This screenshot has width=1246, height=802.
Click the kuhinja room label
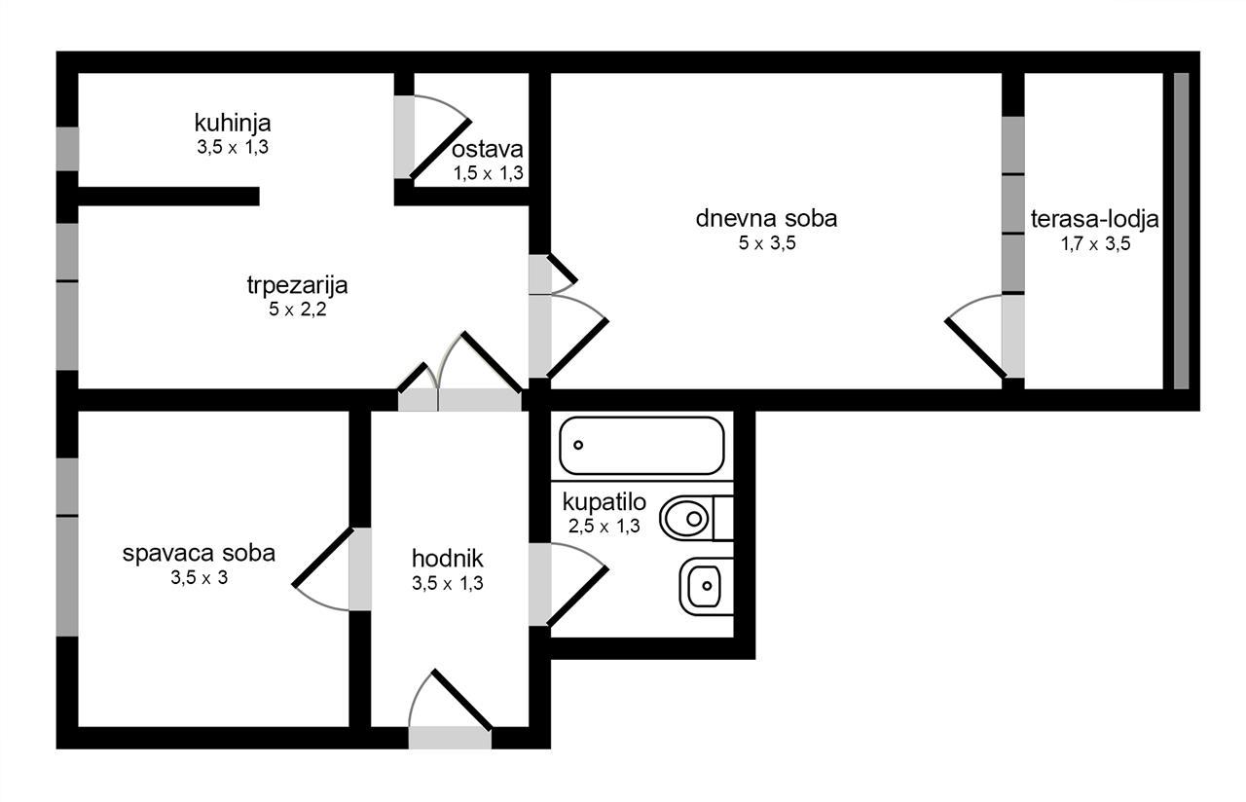(x=233, y=123)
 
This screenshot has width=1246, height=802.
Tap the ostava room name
(x=488, y=149)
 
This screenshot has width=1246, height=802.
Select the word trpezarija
(x=297, y=285)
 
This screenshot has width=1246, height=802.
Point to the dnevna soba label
(x=766, y=218)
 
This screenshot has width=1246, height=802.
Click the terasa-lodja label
(x=1095, y=219)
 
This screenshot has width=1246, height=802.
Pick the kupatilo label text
(x=605, y=502)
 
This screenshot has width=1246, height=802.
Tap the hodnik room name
(x=447, y=558)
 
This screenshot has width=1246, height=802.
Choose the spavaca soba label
(x=199, y=554)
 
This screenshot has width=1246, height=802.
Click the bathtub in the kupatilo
(x=641, y=446)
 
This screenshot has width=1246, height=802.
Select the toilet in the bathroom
(x=696, y=519)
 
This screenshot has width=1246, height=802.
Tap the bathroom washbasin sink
(x=706, y=586)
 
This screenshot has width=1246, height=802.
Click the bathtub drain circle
(x=578, y=445)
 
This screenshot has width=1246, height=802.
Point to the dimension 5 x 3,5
(x=767, y=243)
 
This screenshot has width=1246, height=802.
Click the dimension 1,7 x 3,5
(x=1095, y=243)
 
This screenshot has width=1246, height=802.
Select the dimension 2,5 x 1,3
(x=605, y=526)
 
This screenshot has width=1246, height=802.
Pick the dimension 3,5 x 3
(x=200, y=577)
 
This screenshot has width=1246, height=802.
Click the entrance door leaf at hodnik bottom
(x=462, y=700)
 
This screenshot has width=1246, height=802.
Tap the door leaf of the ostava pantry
(x=441, y=149)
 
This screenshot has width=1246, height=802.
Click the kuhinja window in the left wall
(x=67, y=149)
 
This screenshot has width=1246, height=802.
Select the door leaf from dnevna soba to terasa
(x=975, y=348)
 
